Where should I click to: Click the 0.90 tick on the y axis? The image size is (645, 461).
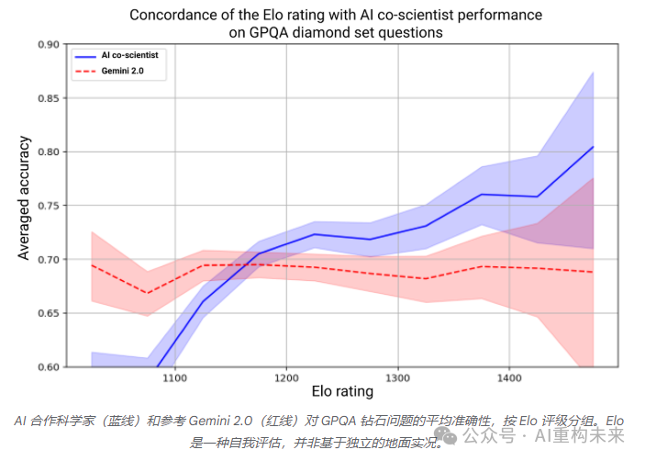point(48,44)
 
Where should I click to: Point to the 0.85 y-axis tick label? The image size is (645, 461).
point(48,98)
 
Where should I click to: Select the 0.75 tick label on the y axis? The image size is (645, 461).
point(48,206)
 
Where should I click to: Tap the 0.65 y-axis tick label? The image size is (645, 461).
point(48,313)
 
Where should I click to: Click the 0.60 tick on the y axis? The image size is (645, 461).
point(48,366)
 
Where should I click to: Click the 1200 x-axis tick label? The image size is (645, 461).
point(286,377)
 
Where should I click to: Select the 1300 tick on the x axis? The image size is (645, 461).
point(398,377)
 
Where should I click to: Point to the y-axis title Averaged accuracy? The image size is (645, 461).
point(25,197)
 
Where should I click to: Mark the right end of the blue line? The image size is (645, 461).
point(594,147)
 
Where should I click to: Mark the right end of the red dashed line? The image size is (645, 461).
point(594,272)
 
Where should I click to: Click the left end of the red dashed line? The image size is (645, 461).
point(93,264)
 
